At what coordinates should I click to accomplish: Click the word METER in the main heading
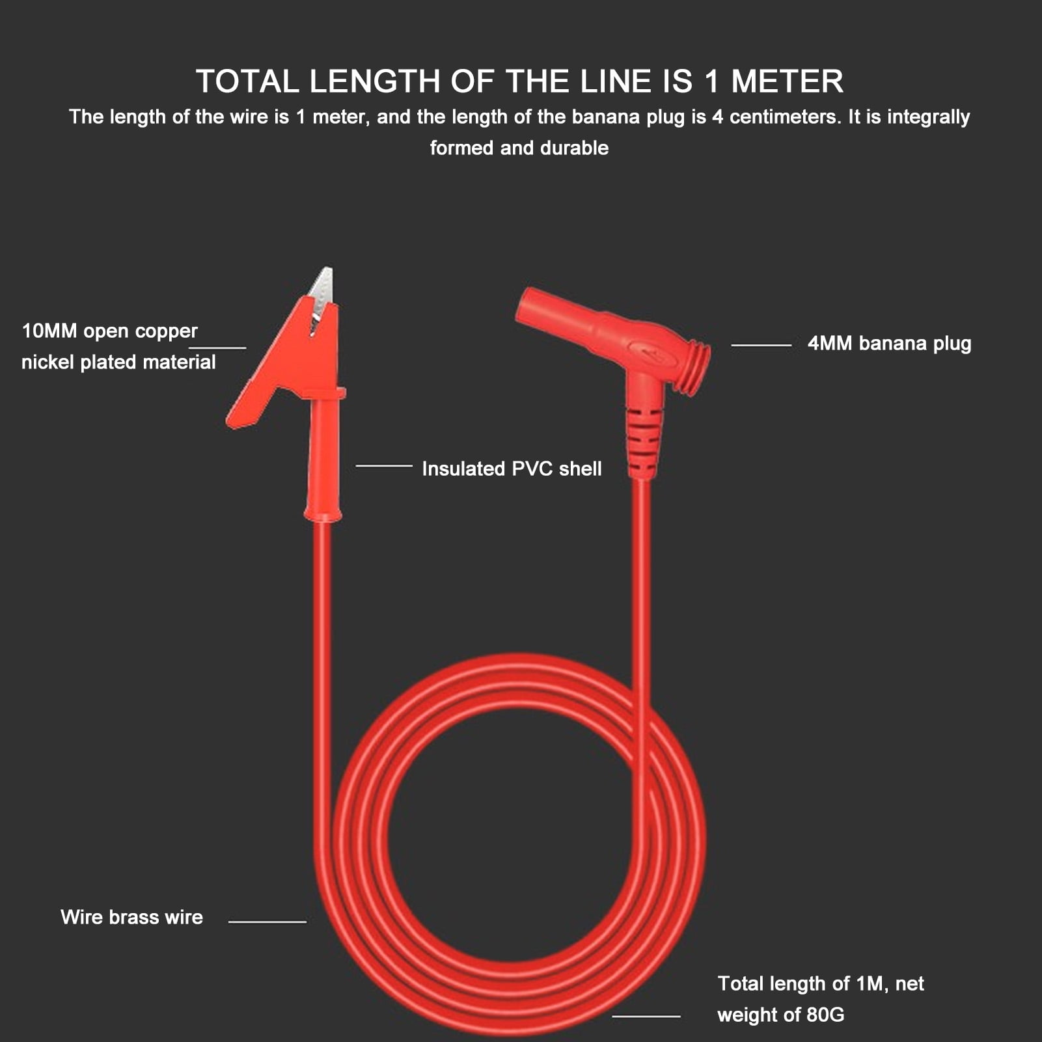point(787,82)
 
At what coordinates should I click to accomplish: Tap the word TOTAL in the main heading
point(247,82)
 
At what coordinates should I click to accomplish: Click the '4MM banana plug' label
point(889,344)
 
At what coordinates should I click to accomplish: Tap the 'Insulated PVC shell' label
point(512,469)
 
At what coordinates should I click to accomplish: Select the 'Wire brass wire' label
point(131,917)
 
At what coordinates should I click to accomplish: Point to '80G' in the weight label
point(825,1015)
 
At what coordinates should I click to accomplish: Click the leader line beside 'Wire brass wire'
point(267,922)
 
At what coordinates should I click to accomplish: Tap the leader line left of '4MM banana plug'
point(761,345)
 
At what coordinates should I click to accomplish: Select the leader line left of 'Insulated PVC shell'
point(384,466)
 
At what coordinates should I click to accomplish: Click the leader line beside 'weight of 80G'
point(646,1015)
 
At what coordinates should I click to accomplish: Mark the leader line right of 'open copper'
point(217,348)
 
